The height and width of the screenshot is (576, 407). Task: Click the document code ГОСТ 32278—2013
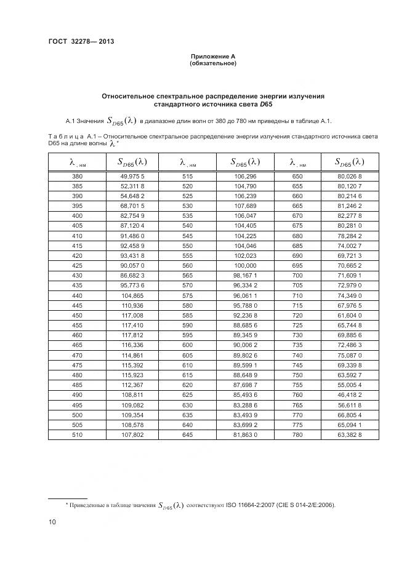[x=81, y=42]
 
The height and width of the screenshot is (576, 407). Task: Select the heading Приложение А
[x=213, y=57]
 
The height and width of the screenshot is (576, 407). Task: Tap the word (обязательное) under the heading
[x=213, y=63]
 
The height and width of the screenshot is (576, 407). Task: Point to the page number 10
[x=52, y=522]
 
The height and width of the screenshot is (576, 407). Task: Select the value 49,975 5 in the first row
[x=132, y=176]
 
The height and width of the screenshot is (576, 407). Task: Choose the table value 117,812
[x=132, y=335]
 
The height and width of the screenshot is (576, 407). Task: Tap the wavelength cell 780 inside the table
[x=297, y=434]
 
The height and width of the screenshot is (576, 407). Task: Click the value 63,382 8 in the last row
[x=350, y=434]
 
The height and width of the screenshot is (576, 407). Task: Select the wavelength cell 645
[x=187, y=434]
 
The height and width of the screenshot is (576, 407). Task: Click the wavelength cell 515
[x=187, y=176]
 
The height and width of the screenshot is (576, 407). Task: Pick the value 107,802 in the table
[x=132, y=434]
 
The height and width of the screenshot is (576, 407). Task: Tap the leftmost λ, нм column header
[x=77, y=162]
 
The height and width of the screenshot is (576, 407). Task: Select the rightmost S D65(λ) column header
[x=349, y=162]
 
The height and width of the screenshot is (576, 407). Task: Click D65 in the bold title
[x=265, y=105]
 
